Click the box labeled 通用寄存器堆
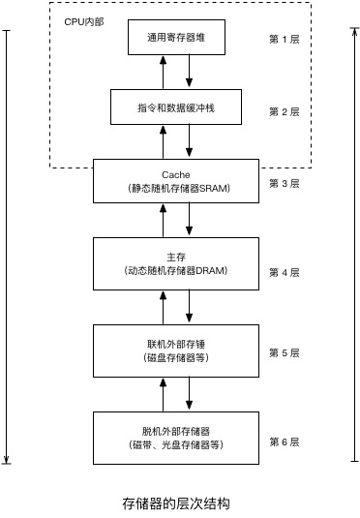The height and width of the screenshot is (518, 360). [176, 38]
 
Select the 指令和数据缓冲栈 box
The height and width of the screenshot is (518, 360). [176, 108]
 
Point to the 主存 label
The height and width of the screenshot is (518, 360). [176, 256]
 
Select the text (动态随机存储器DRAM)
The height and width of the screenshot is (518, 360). [176, 271]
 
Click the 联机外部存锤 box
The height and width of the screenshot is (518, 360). [176, 350]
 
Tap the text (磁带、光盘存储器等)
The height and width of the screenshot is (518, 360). [176, 445]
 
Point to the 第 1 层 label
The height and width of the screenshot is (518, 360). [285, 39]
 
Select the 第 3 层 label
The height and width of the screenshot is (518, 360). [285, 183]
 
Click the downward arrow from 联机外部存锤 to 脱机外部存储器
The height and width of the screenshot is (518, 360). [190, 393]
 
